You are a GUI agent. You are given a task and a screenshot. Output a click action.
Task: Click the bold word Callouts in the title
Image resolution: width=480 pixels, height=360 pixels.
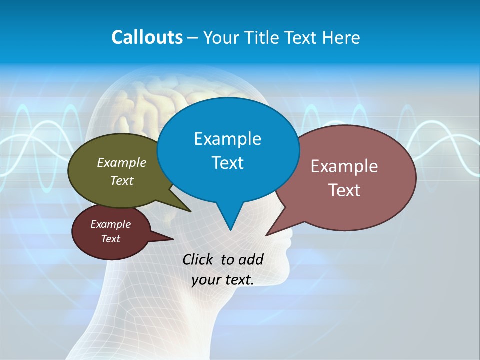147,37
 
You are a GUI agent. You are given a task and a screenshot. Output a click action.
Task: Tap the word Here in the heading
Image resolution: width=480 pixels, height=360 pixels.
341,37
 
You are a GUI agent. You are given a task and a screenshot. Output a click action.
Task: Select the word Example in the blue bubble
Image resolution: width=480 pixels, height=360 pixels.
227,139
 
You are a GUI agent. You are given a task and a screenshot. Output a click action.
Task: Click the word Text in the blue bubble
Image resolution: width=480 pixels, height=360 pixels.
227,163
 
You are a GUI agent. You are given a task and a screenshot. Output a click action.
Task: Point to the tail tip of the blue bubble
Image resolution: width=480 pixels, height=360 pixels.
230,230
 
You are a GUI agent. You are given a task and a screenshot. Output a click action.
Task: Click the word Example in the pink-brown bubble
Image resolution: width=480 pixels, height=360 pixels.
344,166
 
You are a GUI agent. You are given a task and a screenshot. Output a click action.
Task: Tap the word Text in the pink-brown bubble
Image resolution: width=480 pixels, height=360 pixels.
344,190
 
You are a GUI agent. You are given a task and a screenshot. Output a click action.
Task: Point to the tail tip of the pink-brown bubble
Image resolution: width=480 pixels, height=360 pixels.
266,235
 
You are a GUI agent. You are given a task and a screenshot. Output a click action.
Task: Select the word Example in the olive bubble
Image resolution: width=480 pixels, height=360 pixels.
121,163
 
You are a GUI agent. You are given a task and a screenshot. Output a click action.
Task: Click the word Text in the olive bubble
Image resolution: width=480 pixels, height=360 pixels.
121,181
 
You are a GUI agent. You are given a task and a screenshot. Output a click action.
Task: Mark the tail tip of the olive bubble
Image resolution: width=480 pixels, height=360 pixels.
190,211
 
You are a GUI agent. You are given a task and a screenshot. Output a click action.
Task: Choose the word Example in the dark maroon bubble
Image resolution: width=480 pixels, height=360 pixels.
110,224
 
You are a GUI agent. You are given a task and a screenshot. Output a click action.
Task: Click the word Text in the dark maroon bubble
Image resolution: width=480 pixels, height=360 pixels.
110,239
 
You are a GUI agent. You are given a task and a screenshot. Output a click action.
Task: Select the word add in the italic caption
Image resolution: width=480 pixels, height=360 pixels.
250,259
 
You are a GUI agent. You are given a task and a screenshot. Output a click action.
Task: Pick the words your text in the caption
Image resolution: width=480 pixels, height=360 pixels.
222,280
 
